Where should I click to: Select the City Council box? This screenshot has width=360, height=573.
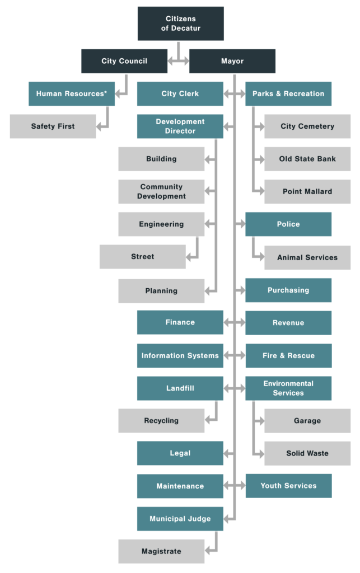(x=124, y=61)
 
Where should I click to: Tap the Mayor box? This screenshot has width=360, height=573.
(x=232, y=61)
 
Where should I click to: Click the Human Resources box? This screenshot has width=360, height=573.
(x=71, y=93)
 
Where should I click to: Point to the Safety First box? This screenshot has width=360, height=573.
(x=53, y=126)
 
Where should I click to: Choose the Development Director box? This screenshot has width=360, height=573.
(x=180, y=126)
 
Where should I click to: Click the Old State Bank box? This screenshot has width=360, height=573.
(x=307, y=159)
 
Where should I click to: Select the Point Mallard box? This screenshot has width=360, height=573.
(x=307, y=191)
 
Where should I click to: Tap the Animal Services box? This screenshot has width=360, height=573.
(x=307, y=257)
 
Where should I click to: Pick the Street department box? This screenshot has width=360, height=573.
(x=142, y=257)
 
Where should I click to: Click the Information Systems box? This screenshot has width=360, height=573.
(x=180, y=356)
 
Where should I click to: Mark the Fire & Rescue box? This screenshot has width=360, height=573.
(x=288, y=356)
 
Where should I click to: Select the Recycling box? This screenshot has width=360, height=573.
(x=161, y=421)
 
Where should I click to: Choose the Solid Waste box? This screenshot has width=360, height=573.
(x=307, y=453)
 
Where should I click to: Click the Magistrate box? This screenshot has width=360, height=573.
(x=161, y=552)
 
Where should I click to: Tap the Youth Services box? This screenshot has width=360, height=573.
(x=288, y=486)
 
